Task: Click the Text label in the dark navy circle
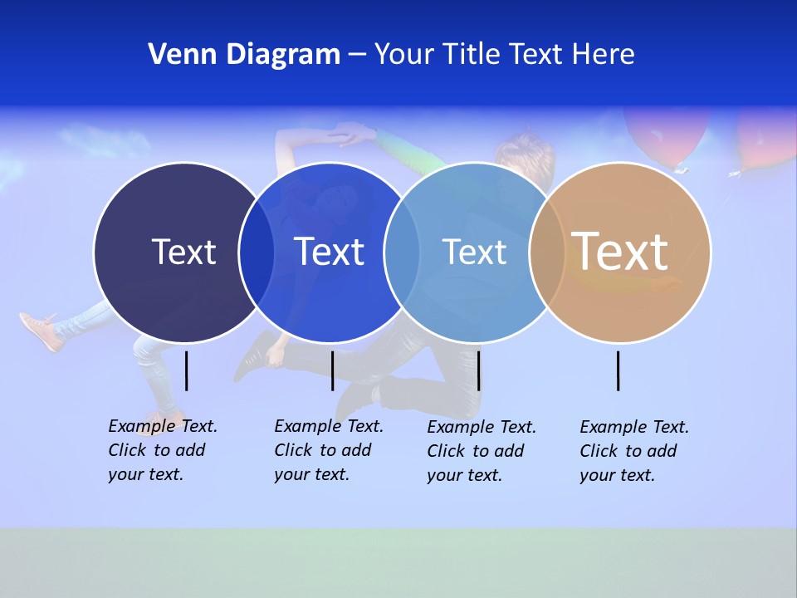(x=183, y=252)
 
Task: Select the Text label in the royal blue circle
(x=329, y=252)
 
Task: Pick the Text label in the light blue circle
(x=474, y=252)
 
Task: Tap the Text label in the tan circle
(x=620, y=251)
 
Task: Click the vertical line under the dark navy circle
(x=187, y=370)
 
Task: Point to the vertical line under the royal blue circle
(x=332, y=370)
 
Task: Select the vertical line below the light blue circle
(x=479, y=370)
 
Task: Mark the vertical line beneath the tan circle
(x=619, y=370)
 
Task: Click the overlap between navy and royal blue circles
(x=257, y=252)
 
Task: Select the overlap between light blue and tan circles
(x=547, y=252)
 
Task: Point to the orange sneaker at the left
(x=40, y=330)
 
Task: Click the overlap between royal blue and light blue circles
(x=402, y=252)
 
